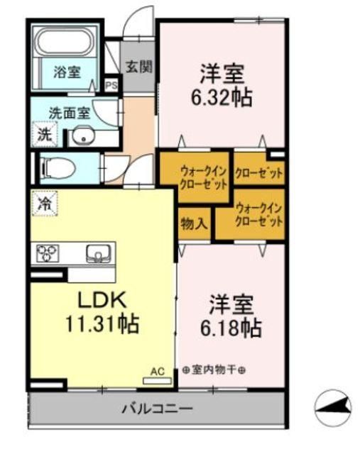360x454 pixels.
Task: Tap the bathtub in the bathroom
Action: tap(65, 44)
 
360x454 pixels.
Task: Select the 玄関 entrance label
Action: tap(139, 67)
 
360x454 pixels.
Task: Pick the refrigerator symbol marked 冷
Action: tap(44, 204)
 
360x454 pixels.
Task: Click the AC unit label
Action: tap(157, 370)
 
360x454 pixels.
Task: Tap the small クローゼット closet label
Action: tap(259, 171)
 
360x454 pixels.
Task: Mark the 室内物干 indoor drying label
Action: tap(212, 370)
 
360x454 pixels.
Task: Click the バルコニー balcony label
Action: tap(157, 409)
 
